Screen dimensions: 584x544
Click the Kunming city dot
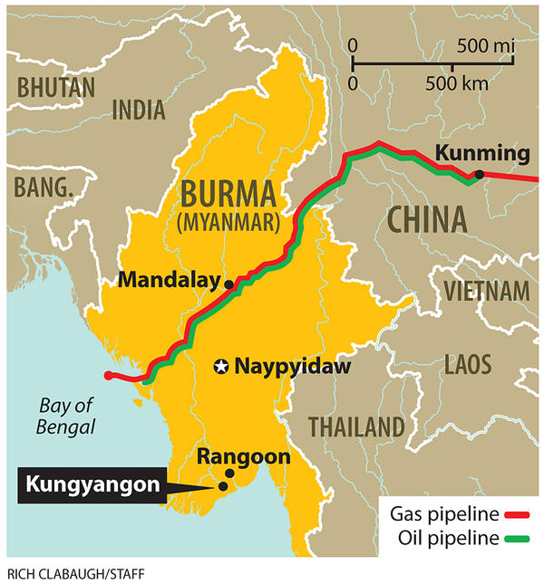(x=479, y=174)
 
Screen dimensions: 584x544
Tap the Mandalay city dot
(x=228, y=284)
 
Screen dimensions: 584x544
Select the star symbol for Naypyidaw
(x=220, y=367)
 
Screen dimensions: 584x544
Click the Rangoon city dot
(x=229, y=474)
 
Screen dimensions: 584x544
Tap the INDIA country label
(x=139, y=110)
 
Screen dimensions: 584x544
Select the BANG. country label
(x=43, y=188)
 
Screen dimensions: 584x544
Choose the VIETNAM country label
(x=485, y=291)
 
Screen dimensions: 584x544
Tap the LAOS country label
(x=468, y=365)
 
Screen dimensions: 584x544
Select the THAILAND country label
(x=355, y=426)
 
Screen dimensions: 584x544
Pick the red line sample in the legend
(x=517, y=516)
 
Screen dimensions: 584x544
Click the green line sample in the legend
(x=517, y=540)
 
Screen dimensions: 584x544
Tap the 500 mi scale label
(x=485, y=44)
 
